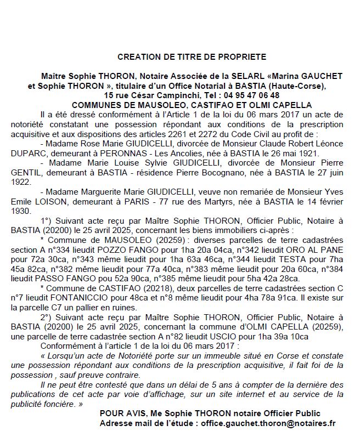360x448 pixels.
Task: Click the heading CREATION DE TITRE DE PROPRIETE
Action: [192, 56]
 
